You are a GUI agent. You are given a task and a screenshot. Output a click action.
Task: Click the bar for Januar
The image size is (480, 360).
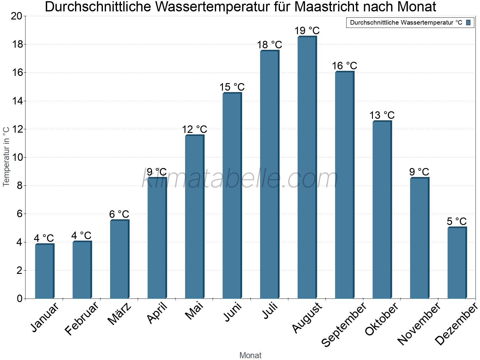[44, 271]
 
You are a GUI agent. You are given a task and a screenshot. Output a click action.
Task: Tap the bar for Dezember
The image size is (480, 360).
[457, 263]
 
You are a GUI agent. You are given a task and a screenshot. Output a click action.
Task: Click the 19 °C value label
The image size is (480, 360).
[307, 31]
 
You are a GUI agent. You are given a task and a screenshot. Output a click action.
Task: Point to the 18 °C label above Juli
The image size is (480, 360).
[269, 45]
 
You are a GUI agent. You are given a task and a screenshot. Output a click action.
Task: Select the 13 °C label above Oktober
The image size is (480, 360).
[382, 115]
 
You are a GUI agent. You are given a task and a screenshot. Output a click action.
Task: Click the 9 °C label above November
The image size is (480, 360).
[419, 172]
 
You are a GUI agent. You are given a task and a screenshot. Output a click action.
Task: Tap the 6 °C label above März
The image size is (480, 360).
[119, 214]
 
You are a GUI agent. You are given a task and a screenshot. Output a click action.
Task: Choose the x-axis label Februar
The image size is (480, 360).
[82, 318]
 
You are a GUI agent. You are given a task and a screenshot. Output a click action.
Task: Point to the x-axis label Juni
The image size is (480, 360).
[233, 312]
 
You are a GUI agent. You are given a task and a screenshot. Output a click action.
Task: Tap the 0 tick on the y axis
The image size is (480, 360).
[19, 298]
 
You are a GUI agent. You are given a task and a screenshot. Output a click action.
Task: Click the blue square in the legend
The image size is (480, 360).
[468, 22]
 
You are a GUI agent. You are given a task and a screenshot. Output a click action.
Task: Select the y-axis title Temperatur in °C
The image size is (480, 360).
[6, 157]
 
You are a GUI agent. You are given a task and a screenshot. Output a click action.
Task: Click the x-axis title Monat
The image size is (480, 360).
[250, 355]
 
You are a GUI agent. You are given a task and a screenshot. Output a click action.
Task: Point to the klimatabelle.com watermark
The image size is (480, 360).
[240, 178]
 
